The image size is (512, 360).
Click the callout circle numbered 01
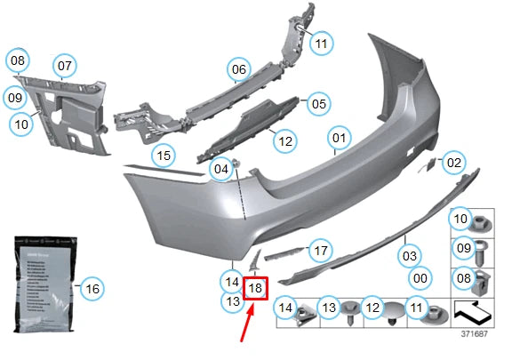339,139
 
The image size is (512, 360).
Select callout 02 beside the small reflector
454,163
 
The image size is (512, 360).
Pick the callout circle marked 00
420,277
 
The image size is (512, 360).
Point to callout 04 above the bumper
220,168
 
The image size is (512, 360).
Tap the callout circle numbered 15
161,156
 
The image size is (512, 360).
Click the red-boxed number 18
255,288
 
